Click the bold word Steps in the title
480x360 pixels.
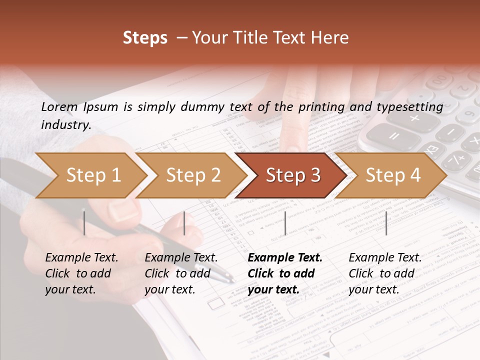[145, 38]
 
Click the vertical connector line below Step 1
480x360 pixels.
[84, 223]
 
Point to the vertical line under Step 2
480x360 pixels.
[184, 223]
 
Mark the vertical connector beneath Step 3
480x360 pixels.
[285, 223]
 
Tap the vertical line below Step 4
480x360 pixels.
[386, 223]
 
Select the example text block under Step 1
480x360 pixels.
[81, 273]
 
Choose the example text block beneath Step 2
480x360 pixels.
[181, 273]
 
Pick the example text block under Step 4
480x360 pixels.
[385, 273]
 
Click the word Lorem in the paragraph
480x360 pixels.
[59, 106]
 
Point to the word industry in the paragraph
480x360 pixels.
[65, 125]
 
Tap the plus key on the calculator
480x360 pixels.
[414, 118]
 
